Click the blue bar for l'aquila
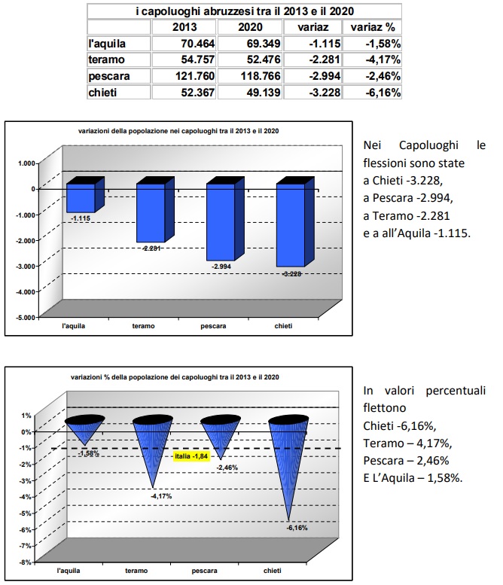[x=81, y=197]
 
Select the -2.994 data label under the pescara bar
[x=221, y=267]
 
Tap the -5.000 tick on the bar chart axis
[x=26, y=317]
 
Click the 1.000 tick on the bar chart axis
[x=28, y=163]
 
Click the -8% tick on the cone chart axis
[x=25, y=562]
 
